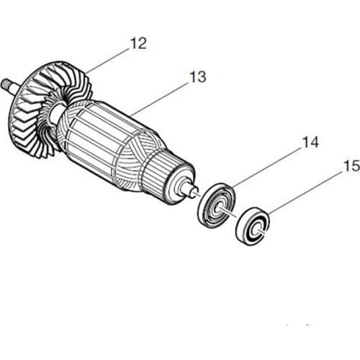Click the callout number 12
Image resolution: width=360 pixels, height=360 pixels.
point(138,44)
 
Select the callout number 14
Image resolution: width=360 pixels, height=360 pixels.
point(310,142)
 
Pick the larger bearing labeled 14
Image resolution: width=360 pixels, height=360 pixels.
point(217,207)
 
